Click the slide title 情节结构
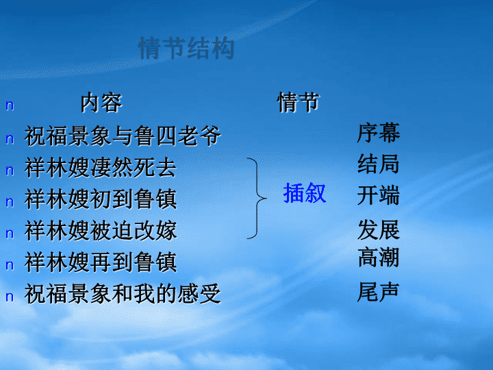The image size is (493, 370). [x=186, y=48]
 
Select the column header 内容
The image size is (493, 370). [x=101, y=103]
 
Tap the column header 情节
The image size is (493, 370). [x=298, y=102]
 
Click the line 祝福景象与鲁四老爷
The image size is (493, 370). [x=123, y=136]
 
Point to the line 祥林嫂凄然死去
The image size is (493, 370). [x=101, y=167]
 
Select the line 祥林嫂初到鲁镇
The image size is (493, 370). [x=101, y=199]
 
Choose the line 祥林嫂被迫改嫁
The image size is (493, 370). [x=101, y=231]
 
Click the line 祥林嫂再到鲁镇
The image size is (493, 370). [x=101, y=262]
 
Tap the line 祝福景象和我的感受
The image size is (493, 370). [x=123, y=293]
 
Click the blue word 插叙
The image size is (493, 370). [x=304, y=193]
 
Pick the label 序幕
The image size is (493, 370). [x=378, y=133]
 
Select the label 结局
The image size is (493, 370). [x=378, y=164]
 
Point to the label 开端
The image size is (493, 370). [x=378, y=195]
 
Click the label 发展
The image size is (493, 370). [x=378, y=230]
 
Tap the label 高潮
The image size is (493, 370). [x=378, y=258]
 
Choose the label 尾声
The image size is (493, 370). [x=378, y=292]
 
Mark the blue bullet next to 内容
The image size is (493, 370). [x=10, y=106]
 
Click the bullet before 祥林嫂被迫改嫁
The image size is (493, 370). [x=10, y=234]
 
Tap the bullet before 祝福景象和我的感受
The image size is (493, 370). [x=10, y=297]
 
